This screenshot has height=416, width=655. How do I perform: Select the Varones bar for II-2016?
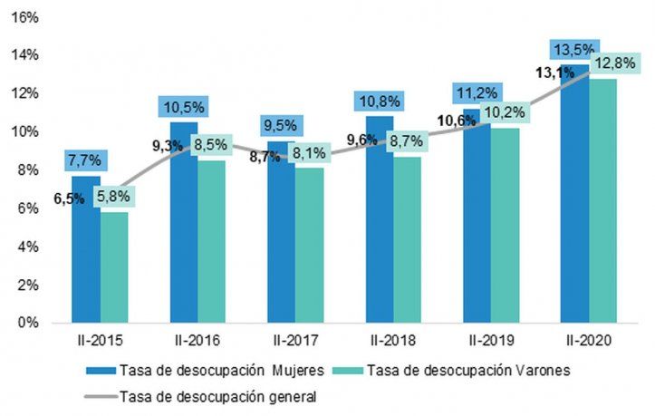211,245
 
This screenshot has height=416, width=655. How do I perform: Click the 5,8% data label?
114,194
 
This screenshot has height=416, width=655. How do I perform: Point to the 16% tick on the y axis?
25,16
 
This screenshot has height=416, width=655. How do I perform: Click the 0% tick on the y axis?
29,323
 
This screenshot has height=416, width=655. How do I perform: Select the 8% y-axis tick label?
29,169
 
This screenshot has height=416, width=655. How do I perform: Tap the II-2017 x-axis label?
294,340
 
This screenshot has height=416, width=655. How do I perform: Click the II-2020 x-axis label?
588,340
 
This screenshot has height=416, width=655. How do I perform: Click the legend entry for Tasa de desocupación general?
208,395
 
